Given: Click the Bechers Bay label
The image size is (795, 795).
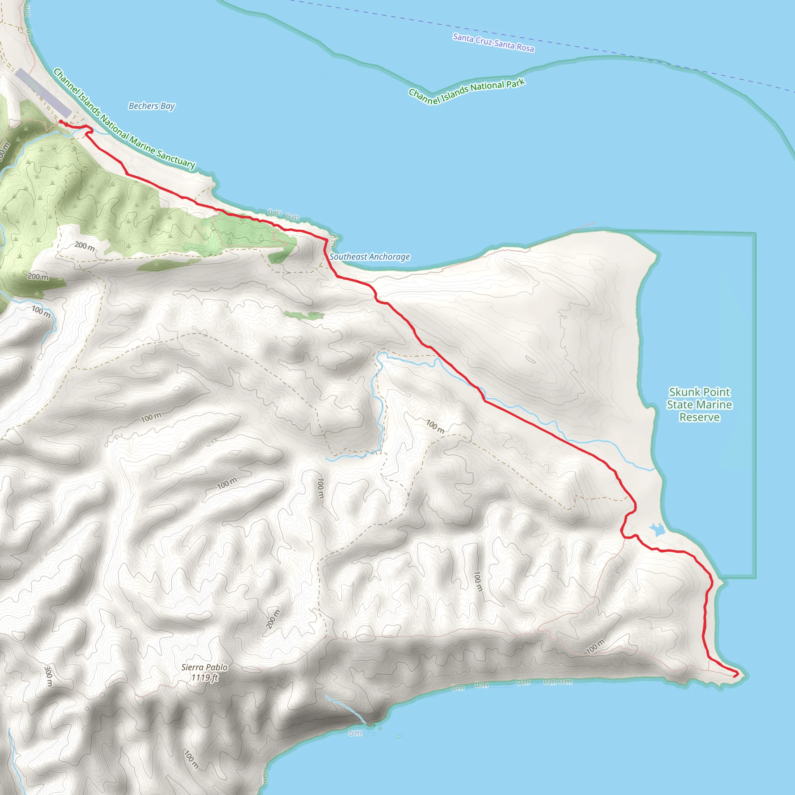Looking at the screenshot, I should point(151,106).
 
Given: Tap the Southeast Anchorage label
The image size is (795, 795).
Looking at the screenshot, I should point(370,257).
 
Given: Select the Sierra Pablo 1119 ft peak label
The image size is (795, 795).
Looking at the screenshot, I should point(205,672).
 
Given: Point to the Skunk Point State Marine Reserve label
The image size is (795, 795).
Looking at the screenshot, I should point(699,404).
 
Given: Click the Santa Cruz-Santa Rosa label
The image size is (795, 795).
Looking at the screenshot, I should point(493,43).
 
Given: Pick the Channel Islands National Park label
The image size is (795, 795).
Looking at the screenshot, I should point(467,91).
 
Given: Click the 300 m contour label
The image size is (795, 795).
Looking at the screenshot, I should point(48,676).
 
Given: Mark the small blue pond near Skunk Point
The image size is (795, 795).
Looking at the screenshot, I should point(657,529).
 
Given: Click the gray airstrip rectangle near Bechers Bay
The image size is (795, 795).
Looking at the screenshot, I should point(43,93).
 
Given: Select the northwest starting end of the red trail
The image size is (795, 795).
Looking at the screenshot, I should point(61,122).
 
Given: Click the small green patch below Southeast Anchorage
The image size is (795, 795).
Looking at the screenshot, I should point(304,316).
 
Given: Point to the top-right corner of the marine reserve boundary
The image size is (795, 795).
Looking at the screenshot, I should point(755,234).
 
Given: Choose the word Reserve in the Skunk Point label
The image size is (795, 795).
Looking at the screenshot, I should point(699,417).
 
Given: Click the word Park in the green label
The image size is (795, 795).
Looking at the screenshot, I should point(516,83).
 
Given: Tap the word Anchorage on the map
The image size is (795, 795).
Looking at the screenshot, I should point(389,257).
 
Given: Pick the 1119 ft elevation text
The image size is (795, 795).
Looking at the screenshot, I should point(205,677).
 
